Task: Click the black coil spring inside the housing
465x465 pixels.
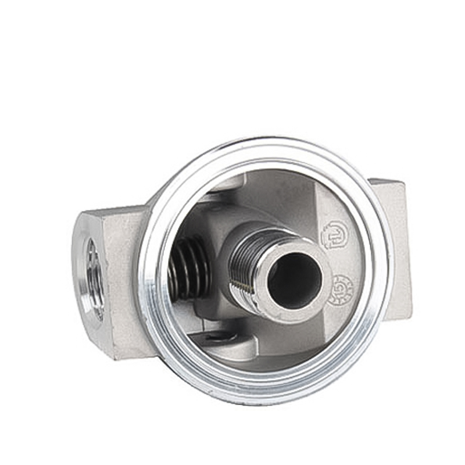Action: (189, 267)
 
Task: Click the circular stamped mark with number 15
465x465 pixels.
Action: (341, 290)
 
